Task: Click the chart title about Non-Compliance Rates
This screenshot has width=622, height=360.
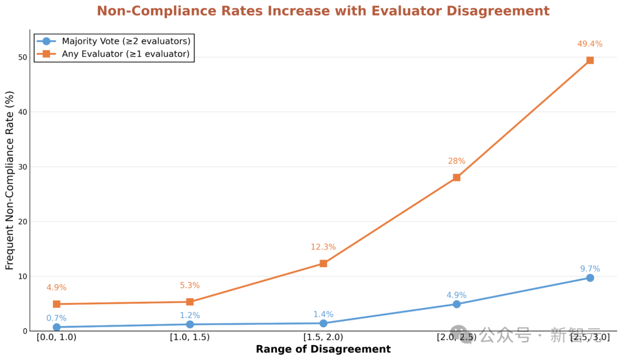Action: (x=323, y=12)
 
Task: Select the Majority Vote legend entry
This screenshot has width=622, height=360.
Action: (x=126, y=41)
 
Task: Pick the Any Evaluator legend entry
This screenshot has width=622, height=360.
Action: (x=125, y=54)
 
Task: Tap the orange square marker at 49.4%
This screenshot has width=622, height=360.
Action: (x=590, y=60)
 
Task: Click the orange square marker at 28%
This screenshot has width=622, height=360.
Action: (x=456, y=177)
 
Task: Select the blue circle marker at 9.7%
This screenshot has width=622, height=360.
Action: (x=590, y=278)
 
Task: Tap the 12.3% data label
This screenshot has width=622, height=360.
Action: (x=323, y=247)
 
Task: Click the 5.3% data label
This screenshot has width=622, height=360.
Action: (x=189, y=286)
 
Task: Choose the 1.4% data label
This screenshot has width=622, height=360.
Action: (x=323, y=314)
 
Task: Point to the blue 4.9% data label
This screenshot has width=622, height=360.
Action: (x=456, y=295)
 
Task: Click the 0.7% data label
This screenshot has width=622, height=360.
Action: (x=56, y=319)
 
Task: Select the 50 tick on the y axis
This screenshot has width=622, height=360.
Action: (x=22, y=57)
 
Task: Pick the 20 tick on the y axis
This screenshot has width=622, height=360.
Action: (x=22, y=222)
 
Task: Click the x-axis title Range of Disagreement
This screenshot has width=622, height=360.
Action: (x=323, y=350)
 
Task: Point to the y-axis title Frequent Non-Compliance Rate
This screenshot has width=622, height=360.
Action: (x=10, y=180)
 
